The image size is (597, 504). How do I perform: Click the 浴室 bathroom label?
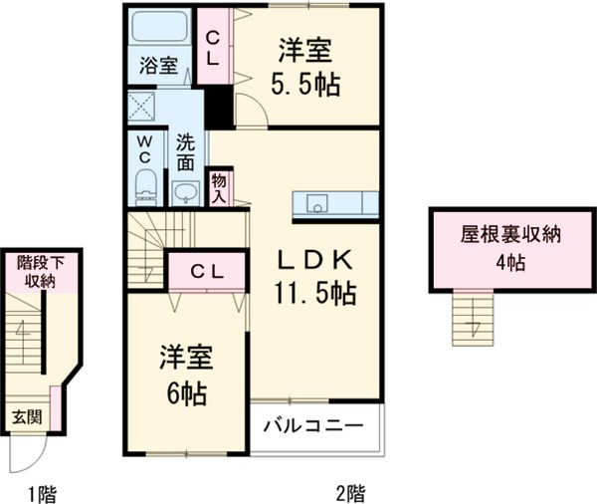tap(158, 67)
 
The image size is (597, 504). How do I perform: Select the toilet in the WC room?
tap(146, 185)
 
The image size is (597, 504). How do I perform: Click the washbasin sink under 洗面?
tap(185, 191)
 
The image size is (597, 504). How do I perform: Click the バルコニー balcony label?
tap(313, 428)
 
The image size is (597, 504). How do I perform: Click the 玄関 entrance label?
tap(27, 416)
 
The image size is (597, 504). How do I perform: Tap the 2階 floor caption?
tap(348, 490)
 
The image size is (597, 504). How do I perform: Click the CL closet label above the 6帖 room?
tap(207, 269)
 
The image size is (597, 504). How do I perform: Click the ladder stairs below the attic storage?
tap(473, 317)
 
